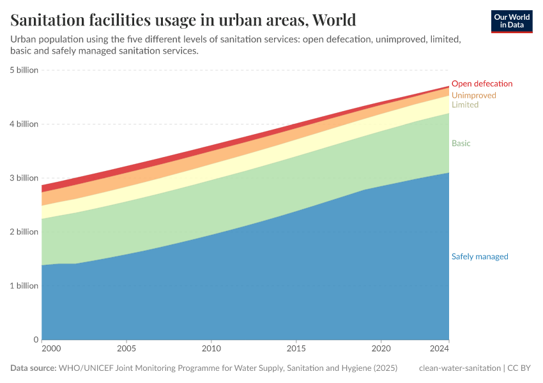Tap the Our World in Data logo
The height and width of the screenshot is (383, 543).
[511, 21]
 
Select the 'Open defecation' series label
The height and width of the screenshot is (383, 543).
[482, 84]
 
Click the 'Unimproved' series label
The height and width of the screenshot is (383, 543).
[473, 95]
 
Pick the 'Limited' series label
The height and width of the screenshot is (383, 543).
[464, 105]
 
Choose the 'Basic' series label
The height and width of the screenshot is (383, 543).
[461, 144]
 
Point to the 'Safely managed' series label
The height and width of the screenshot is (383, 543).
[479, 257]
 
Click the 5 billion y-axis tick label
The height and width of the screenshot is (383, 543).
[24, 70]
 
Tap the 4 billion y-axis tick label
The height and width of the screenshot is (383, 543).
[24, 124]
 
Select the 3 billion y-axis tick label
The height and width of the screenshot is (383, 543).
[24, 178]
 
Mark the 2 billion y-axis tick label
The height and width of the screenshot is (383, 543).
[24, 232]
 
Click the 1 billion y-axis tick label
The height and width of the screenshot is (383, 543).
[24, 286]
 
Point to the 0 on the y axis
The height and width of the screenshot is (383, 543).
[36, 340]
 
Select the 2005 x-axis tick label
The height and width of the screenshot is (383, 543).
[126, 349]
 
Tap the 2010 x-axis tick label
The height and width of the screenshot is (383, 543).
[211, 349]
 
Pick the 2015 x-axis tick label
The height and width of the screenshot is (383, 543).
[296, 349]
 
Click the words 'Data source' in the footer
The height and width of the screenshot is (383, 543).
[33, 368]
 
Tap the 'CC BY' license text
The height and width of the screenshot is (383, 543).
[519, 368]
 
